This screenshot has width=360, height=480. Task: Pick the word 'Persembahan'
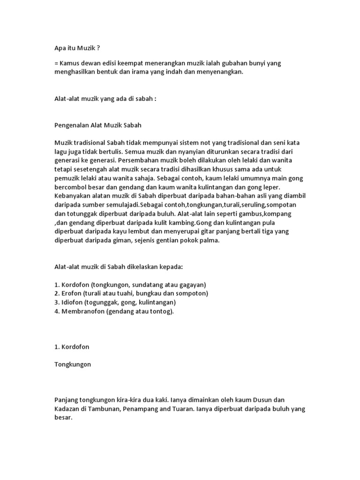[151, 160]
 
